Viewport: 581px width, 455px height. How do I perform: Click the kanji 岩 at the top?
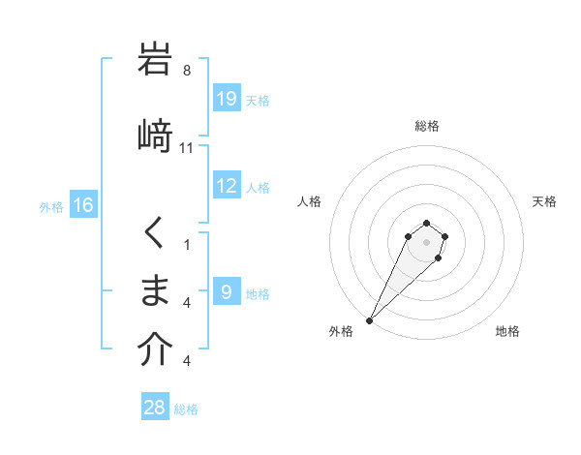(x=155, y=60)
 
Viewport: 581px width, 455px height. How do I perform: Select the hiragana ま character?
(x=155, y=290)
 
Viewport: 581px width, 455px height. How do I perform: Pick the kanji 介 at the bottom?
(x=155, y=350)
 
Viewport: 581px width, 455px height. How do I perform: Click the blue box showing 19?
(x=227, y=99)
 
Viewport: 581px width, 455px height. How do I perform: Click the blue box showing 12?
(x=227, y=186)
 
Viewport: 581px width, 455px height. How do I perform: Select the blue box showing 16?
(x=83, y=205)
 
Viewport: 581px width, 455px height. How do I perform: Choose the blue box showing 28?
(x=155, y=408)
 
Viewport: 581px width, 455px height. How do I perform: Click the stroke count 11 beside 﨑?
(x=187, y=148)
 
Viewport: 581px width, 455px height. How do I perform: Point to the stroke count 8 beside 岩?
(x=187, y=71)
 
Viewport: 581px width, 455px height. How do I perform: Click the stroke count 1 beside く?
(x=187, y=245)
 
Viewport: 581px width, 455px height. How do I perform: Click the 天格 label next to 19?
(x=258, y=100)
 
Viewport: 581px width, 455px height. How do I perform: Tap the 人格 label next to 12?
(x=258, y=187)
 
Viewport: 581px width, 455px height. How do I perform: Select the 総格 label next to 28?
(x=186, y=409)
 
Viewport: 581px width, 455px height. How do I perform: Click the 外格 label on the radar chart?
(x=341, y=331)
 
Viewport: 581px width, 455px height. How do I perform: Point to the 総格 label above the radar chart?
(x=426, y=126)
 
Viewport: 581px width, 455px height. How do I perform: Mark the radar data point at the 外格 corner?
(x=370, y=320)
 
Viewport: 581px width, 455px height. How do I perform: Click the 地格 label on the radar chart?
(x=507, y=331)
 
